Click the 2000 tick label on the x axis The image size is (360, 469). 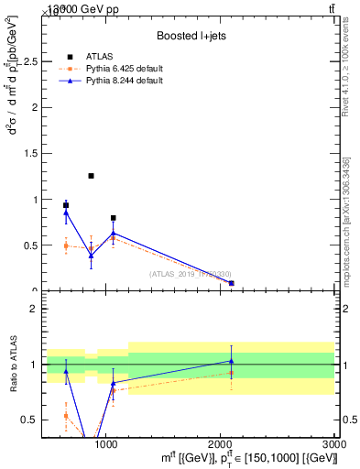click(220, 443)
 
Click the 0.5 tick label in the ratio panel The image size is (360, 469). click(28, 420)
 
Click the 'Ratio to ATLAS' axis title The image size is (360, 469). click(13, 365)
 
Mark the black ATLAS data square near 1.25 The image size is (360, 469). click(91, 176)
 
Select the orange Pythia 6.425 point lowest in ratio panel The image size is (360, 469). click(66, 416)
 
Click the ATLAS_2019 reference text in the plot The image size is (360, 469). click(190, 274)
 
